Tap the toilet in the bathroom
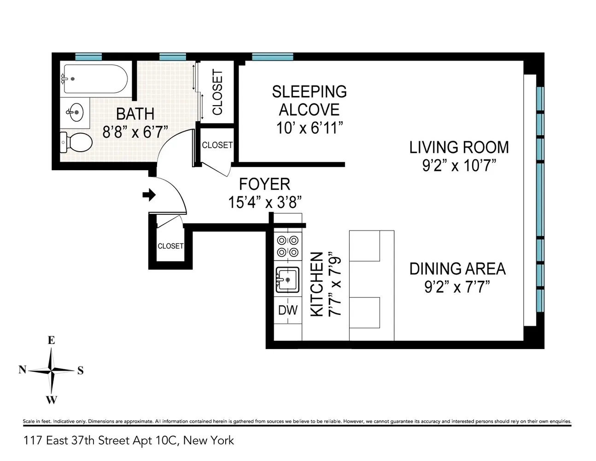pos(76,142)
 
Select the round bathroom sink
pos(75,112)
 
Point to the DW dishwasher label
pos(288,310)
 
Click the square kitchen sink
pos(287,280)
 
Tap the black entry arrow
pos(149,195)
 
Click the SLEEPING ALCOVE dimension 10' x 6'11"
pos(310,128)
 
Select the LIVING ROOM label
pos(459,148)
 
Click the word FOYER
pos(264,184)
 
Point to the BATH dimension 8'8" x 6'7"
pos(135,132)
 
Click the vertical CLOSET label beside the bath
pos(217,92)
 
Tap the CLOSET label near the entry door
pos(170,246)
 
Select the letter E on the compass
pos(51,340)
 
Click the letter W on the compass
pos(51,400)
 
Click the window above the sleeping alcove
pos(272,57)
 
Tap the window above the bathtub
pos(88,57)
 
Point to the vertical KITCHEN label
pos(317,284)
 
